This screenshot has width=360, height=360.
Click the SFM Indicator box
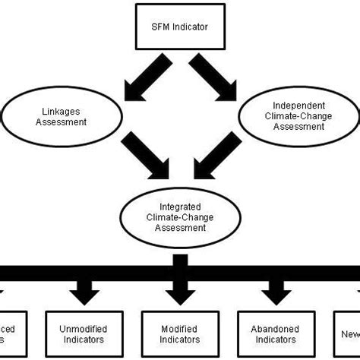click(180, 28)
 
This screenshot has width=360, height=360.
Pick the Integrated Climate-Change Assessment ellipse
click(180, 216)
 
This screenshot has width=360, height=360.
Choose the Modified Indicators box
click(180, 334)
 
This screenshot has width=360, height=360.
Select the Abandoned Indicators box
click(274, 334)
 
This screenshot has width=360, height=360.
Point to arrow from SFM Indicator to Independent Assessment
click(213, 78)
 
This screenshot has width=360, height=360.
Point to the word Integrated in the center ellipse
click(180, 205)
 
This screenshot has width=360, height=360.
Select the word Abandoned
click(274, 329)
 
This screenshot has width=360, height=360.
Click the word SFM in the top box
click(161, 28)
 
